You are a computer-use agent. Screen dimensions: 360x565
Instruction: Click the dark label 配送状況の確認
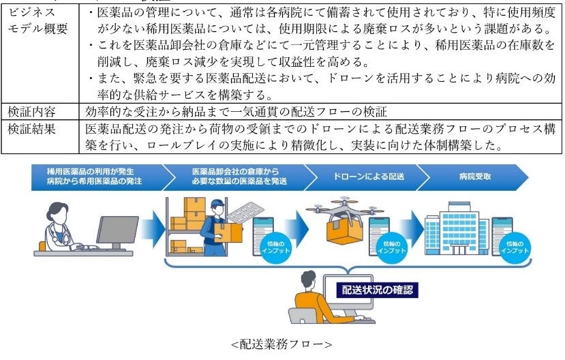click(378, 290)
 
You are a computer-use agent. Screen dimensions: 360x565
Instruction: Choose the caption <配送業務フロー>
click(281, 344)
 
